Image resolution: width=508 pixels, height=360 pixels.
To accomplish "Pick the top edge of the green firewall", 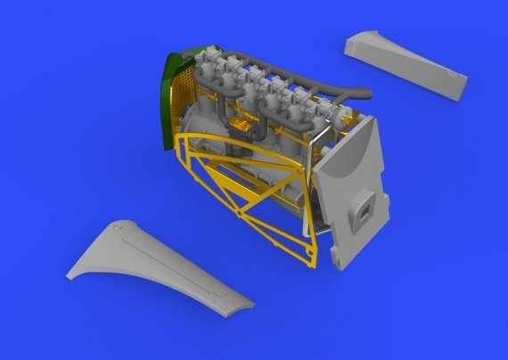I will pos(178,55).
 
